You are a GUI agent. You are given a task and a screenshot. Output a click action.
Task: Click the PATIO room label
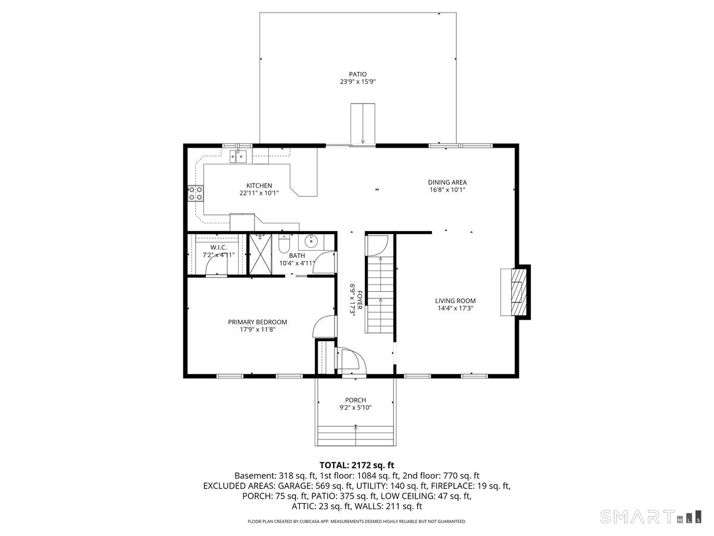tap(358, 74)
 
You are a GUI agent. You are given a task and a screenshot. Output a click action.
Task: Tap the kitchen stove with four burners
tap(196, 194)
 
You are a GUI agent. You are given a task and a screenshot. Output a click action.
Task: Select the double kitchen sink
tap(238, 156)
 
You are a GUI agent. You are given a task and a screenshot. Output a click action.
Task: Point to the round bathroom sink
tap(312, 241)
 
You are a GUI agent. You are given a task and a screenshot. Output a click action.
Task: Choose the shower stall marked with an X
tap(260, 254)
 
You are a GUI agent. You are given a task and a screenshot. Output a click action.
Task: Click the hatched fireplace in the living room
tap(518, 292)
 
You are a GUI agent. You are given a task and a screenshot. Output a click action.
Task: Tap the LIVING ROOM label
tap(455, 301)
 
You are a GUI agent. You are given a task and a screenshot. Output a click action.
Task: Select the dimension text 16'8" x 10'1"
tap(447, 190)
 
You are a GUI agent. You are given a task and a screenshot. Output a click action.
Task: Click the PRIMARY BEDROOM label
tap(257, 322)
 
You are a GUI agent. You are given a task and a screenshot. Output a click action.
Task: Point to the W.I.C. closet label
tap(218, 248)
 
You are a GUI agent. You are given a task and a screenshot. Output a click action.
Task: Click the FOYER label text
tap(360, 300)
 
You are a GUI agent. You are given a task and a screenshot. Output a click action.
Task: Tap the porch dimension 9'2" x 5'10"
tap(355, 407)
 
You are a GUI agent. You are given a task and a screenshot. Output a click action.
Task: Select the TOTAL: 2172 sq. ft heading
tap(357, 465)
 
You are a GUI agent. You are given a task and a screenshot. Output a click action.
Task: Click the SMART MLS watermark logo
tap(650, 516)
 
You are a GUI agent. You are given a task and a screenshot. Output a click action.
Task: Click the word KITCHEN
tap(259, 185)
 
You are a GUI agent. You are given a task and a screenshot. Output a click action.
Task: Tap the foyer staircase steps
tap(380, 295)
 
